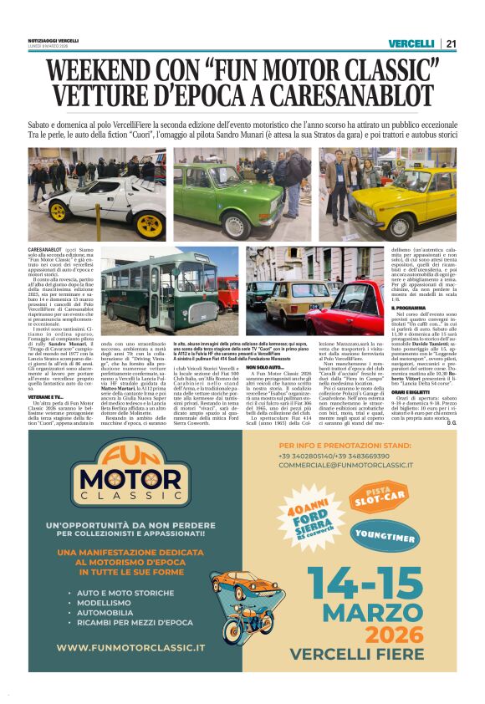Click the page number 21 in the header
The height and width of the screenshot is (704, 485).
tap(451, 43)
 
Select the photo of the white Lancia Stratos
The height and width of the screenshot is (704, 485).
tap(96, 194)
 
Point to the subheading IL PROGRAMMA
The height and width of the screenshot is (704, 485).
tap(414, 307)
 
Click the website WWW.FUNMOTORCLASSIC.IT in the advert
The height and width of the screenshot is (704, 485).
tap(131, 647)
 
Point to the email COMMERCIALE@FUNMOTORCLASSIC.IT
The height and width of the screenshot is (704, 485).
tap(345, 465)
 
